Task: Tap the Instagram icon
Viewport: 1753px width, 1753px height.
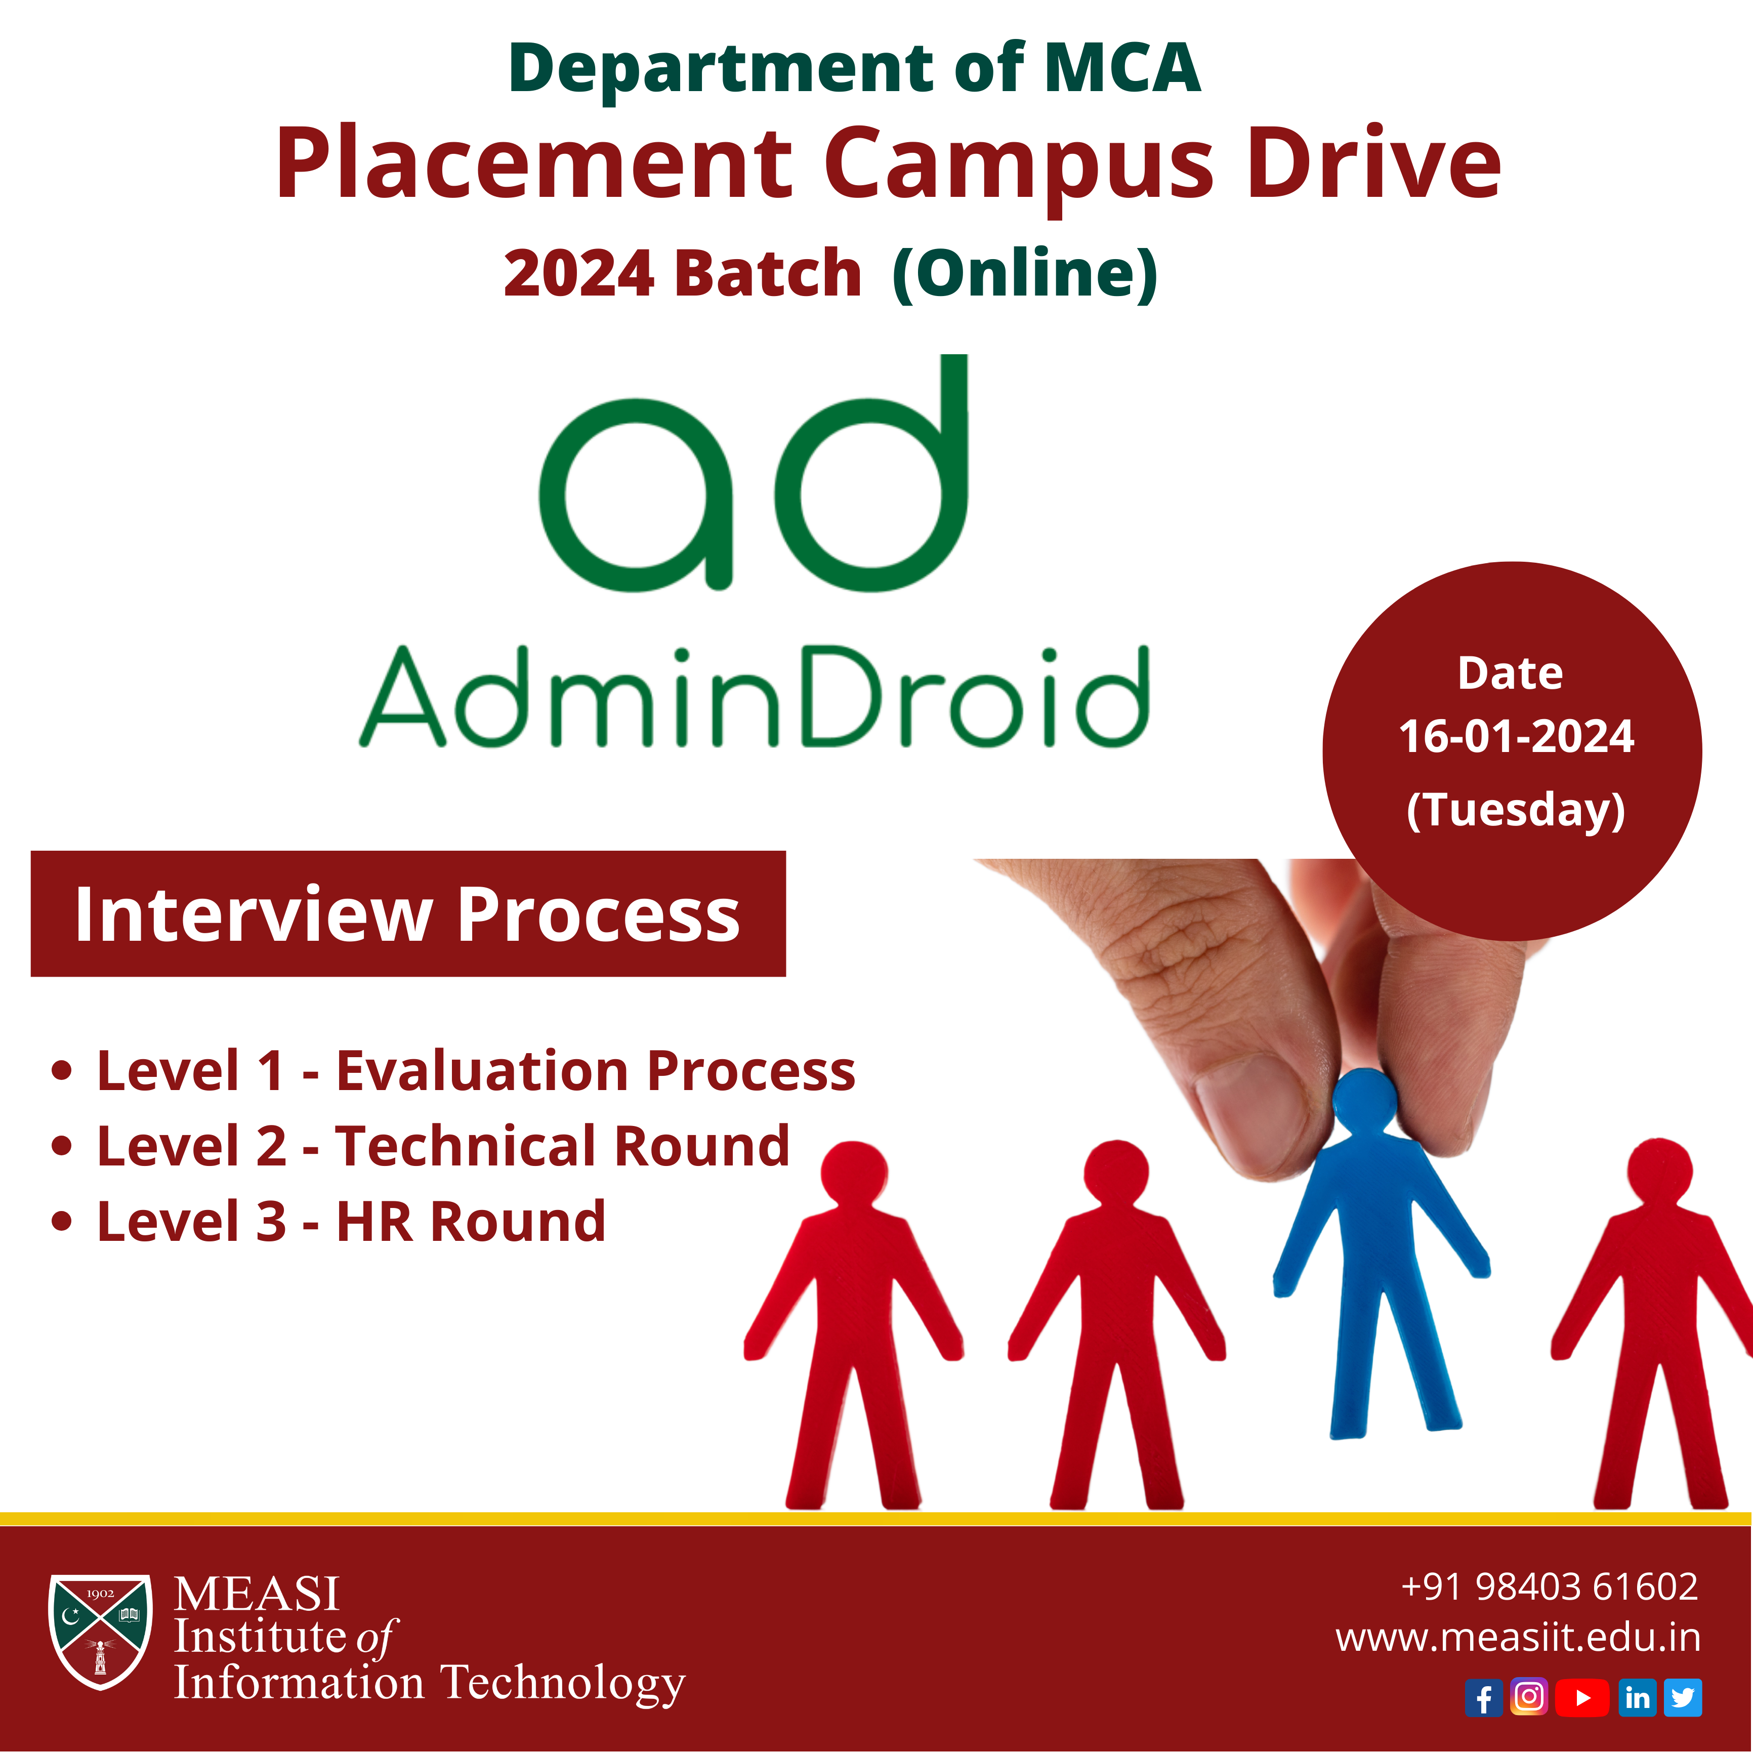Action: [x=1529, y=1697]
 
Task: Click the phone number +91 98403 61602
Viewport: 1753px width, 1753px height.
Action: [x=1550, y=1586]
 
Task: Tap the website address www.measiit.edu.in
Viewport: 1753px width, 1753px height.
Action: [x=1518, y=1638]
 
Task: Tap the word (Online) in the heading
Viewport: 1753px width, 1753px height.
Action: [x=1025, y=273]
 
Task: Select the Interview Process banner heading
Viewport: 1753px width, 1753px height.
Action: [x=407, y=914]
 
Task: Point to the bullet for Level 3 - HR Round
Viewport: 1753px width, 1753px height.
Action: [x=62, y=1221]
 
